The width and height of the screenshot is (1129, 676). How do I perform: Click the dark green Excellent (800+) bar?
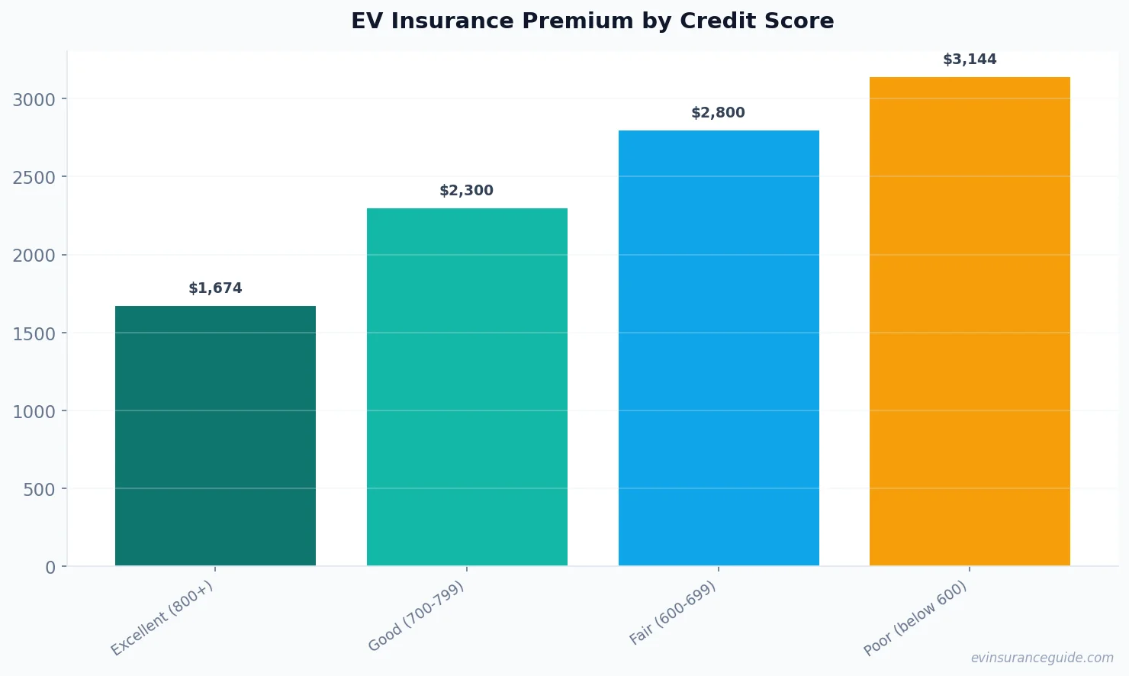pos(215,436)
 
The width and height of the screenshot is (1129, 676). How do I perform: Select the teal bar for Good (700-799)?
pos(467,387)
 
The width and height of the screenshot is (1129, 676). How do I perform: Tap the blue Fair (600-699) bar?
pos(719,348)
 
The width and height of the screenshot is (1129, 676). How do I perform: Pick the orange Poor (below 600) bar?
pos(970,321)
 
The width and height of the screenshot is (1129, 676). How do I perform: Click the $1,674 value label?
pos(215,288)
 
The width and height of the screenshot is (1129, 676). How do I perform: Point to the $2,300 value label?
pos(466,191)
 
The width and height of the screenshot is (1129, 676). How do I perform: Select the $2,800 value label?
pos(718,113)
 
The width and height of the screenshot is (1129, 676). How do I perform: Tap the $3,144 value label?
pos(970,60)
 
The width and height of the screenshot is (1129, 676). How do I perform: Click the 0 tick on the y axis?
pos(50,567)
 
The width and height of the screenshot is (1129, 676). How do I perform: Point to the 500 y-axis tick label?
pos(39,489)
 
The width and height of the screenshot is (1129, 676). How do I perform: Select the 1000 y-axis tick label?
pos(34,411)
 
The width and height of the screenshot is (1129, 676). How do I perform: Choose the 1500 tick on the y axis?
pos(34,333)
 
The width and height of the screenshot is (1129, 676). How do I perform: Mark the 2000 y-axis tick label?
pos(34,256)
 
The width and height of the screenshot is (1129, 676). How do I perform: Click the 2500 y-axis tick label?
pos(34,178)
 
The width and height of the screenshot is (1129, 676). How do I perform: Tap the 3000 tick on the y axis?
pos(34,100)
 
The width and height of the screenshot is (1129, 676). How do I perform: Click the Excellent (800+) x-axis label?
pos(162,618)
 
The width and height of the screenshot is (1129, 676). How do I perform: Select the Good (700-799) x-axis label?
pos(416,616)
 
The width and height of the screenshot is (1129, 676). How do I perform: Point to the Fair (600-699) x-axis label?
pos(672,613)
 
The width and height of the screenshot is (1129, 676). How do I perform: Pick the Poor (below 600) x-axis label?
pos(915,618)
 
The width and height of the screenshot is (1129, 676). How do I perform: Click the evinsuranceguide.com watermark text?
pos(1042,658)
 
